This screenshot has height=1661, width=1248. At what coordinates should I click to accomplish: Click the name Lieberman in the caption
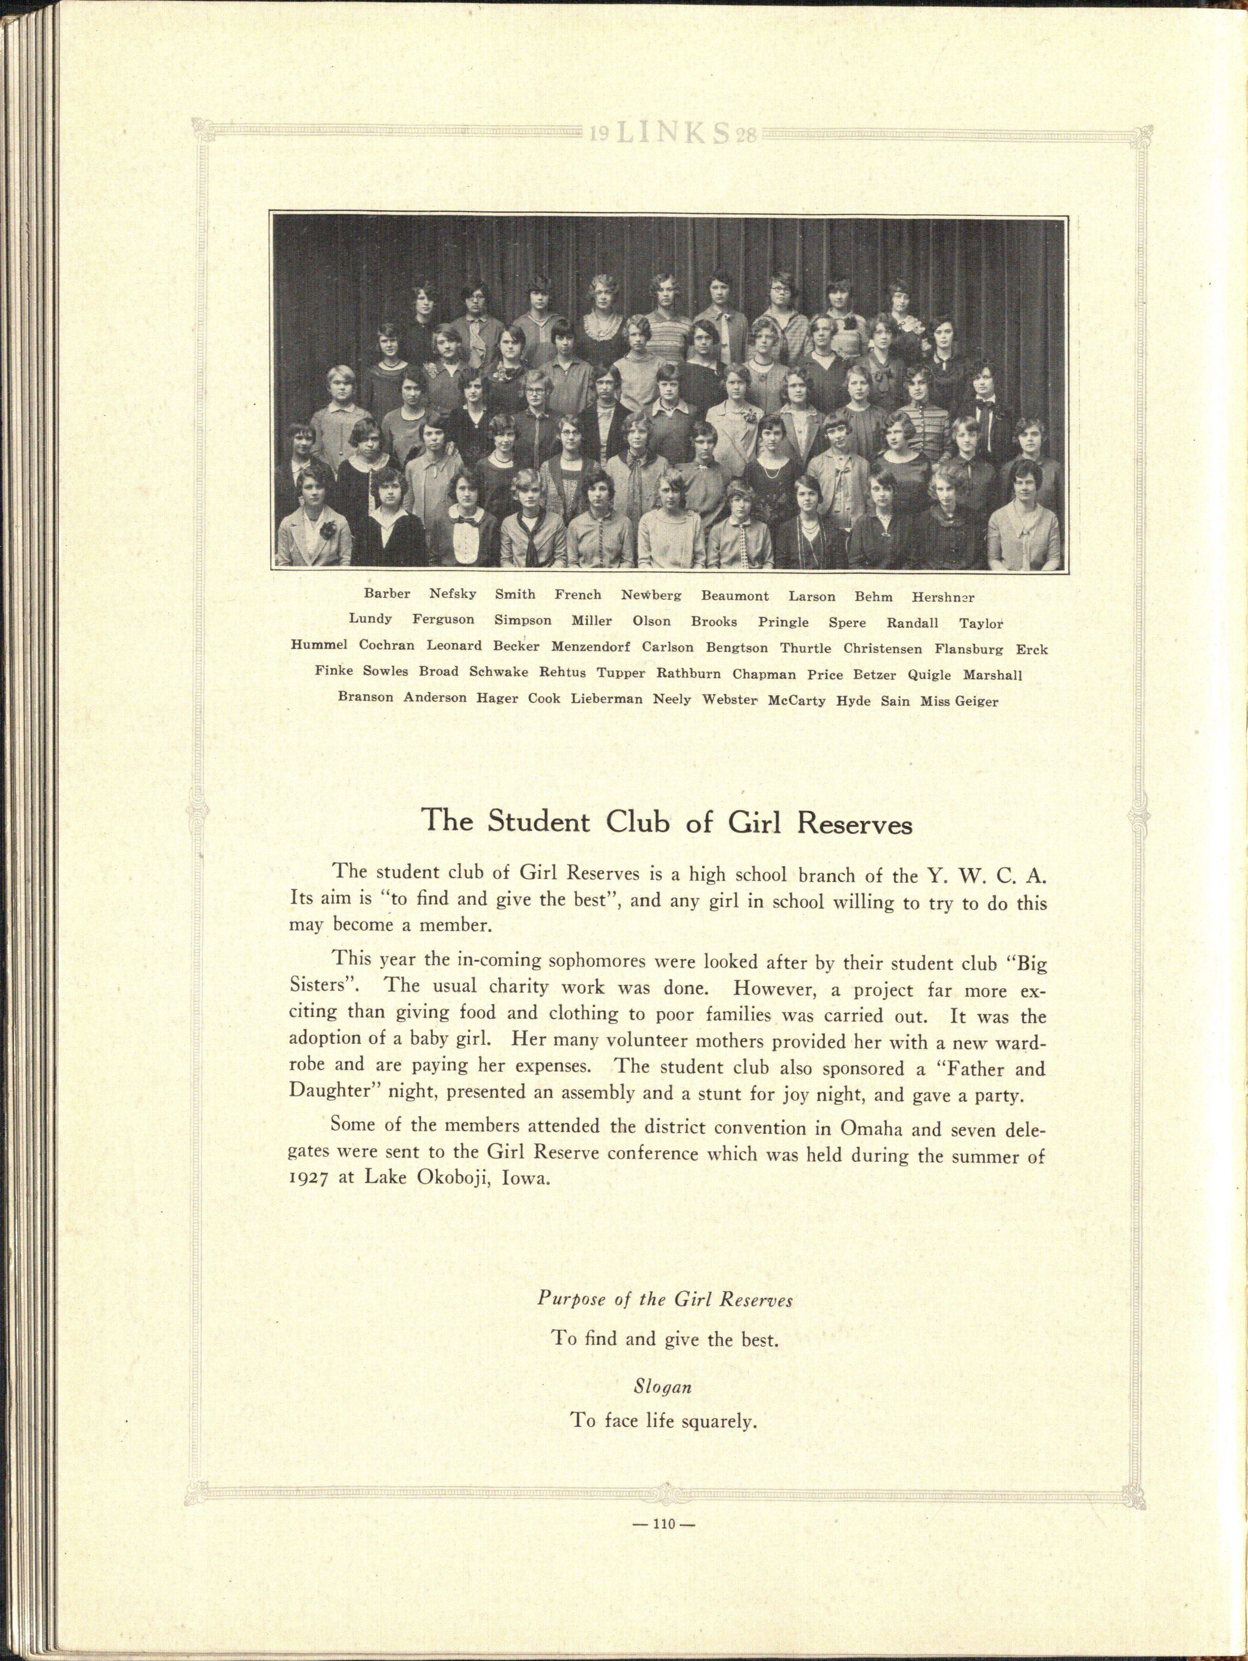[607, 700]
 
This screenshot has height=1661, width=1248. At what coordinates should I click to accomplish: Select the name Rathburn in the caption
[688, 674]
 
